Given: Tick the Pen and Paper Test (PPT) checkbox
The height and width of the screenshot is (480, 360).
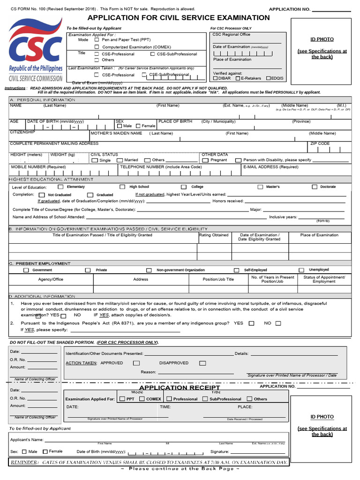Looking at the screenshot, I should tap(97, 40).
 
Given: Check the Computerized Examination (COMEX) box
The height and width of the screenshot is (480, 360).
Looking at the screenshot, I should tap(97, 47).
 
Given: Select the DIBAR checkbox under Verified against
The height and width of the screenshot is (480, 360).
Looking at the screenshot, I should tap(215, 78).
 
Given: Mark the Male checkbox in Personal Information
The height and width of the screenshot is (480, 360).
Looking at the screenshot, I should tap(120, 126).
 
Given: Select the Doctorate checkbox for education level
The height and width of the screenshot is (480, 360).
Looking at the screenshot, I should tap(315, 187).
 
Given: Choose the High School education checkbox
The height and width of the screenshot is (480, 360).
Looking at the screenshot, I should tap(123, 187).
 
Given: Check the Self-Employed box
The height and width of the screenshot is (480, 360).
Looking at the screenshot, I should tap(236, 270).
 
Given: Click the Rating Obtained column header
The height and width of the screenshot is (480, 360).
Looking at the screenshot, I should tap(214, 235).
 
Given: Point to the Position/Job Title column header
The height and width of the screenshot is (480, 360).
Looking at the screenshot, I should tap(218, 279).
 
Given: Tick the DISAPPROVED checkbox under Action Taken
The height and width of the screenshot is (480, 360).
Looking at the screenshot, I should tap(202, 363).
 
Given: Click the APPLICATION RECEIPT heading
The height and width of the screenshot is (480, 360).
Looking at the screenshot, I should tap(179, 388).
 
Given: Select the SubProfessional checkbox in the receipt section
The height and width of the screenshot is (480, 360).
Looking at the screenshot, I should tap(205, 399).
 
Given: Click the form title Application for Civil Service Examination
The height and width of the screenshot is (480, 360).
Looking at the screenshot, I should tap(179, 18).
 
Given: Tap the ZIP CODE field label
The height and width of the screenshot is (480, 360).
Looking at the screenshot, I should tap(320, 143).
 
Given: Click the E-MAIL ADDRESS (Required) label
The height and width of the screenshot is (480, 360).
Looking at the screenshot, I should tap(270, 167).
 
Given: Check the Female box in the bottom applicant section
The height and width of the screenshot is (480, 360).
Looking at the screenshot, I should tap(45, 451).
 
